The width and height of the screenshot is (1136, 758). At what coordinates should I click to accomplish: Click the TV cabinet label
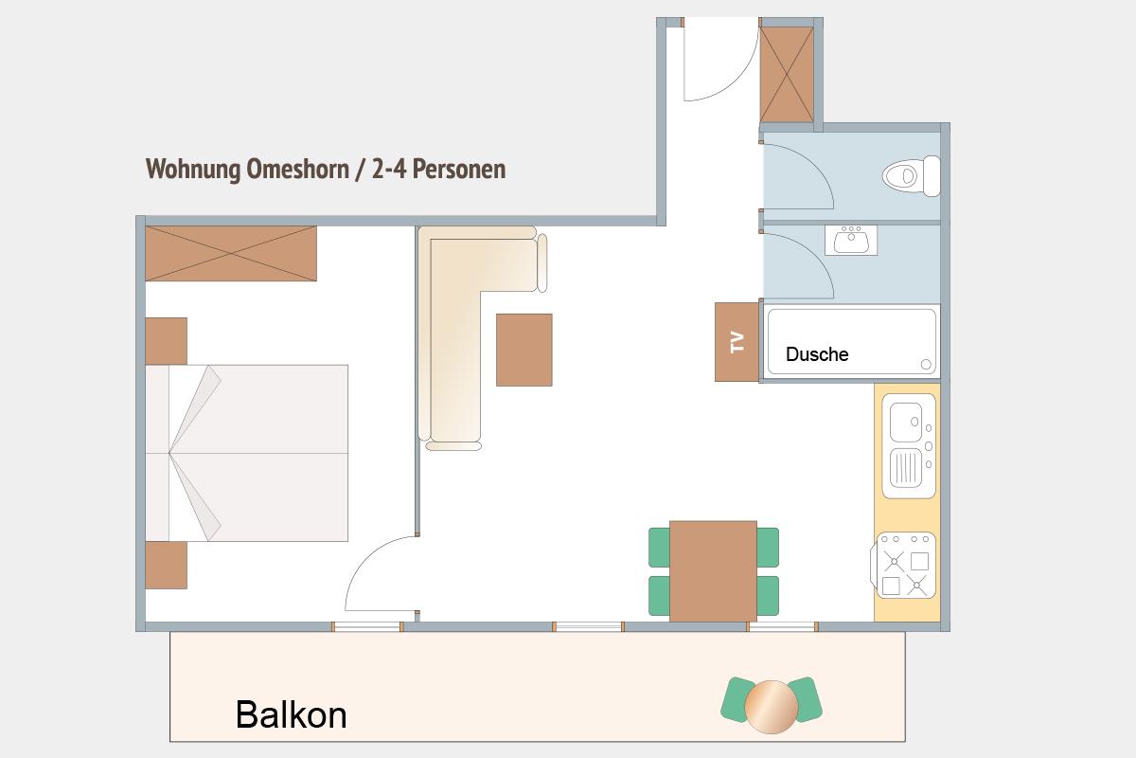pyautogui.click(x=737, y=342)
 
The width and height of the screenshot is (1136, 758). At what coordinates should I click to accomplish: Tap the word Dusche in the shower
pyautogui.click(x=816, y=354)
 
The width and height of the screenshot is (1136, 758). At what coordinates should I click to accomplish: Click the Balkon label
pyautogui.click(x=292, y=714)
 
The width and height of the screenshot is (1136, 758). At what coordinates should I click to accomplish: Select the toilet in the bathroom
pyautogui.click(x=912, y=176)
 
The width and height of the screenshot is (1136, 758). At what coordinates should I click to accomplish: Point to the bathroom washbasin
pyautogui.click(x=851, y=240)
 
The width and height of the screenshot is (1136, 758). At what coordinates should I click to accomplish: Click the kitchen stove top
pyautogui.click(x=904, y=565)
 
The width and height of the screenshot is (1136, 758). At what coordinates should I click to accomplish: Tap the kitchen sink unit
pyautogui.click(x=909, y=445)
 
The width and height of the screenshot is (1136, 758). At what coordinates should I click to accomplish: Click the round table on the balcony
pyautogui.click(x=771, y=707)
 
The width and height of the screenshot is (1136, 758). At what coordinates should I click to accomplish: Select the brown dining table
pyautogui.click(x=713, y=571)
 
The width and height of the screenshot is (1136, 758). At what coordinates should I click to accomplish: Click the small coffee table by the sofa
pyautogui.click(x=524, y=350)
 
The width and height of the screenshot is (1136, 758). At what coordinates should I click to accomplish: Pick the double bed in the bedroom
pyautogui.click(x=247, y=453)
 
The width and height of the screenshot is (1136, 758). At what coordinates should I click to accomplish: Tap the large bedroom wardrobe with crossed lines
pyautogui.click(x=231, y=253)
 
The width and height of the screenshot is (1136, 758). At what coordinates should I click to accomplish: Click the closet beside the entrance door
pyautogui.click(x=787, y=74)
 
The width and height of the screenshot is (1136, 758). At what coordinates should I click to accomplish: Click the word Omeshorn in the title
pyautogui.click(x=297, y=169)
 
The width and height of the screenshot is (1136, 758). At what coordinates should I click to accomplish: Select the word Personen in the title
pyautogui.click(x=459, y=169)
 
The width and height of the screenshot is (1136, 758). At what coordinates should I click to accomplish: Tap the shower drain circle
pyautogui.click(x=926, y=364)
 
